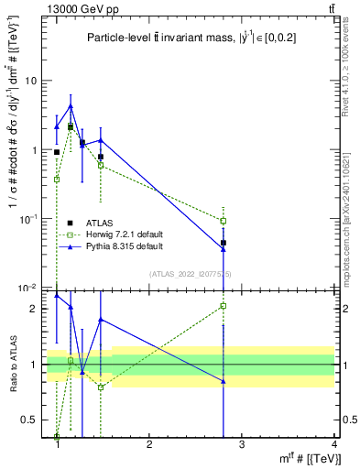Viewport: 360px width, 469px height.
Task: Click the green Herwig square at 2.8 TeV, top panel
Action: pos(224,221)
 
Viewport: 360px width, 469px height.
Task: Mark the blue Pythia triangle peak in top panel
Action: pos(71,106)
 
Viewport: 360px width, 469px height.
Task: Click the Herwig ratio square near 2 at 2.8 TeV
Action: pos(224,306)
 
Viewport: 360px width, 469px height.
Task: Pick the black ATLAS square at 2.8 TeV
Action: pos(224,243)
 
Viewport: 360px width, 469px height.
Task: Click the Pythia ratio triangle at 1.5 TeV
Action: pos(101,320)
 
